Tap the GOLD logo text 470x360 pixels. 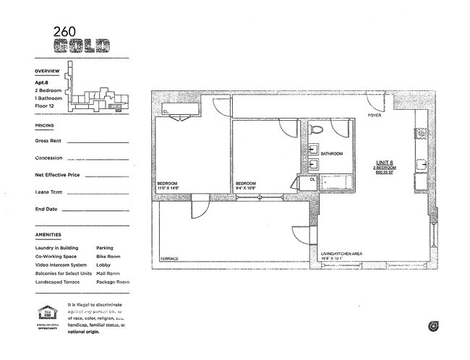click(x=82, y=46)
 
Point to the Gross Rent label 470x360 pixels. click(x=50, y=141)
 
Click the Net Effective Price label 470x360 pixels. click(x=57, y=175)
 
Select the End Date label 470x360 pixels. click(x=46, y=209)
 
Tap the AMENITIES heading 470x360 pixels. click(x=48, y=236)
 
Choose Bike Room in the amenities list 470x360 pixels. click(x=108, y=256)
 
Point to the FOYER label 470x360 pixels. click(x=374, y=116)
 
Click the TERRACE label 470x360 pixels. click(x=169, y=258)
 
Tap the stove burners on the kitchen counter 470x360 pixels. click(x=419, y=134)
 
